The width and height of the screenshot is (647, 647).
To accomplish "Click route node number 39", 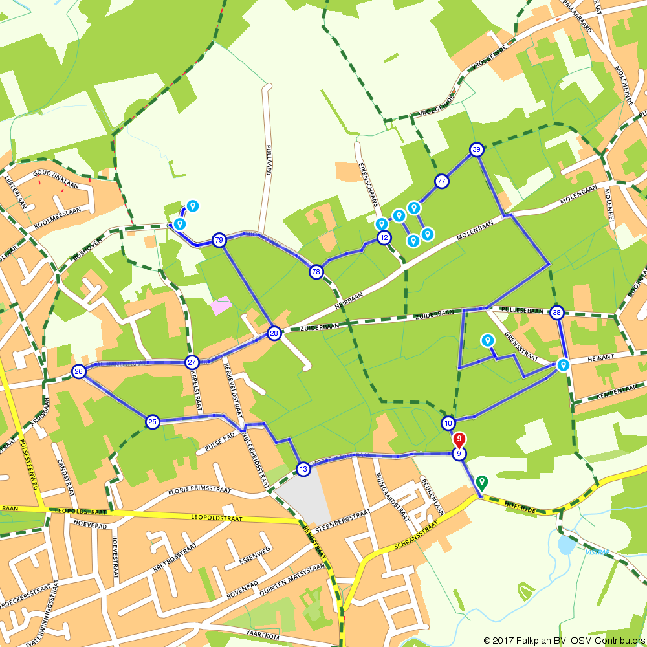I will click(x=477, y=150).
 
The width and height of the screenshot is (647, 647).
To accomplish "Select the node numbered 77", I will click(x=442, y=181).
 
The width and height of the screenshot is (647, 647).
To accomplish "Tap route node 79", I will click(x=219, y=240).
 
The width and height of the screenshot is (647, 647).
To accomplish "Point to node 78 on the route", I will click(x=316, y=272).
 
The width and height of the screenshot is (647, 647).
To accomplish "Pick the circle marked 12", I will click(x=384, y=237).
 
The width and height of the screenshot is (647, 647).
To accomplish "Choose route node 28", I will click(x=274, y=333).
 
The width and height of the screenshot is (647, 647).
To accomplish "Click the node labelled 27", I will click(x=192, y=362).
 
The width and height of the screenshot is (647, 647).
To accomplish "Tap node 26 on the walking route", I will click(x=79, y=371).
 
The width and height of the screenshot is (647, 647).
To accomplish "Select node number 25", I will click(x=152, y=422).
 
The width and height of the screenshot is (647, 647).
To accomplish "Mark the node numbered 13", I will click(x=303, y=468).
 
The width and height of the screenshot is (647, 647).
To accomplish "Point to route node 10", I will click(x=448, y=423).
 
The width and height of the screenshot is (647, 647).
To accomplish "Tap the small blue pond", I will click(x=566, y=545).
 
